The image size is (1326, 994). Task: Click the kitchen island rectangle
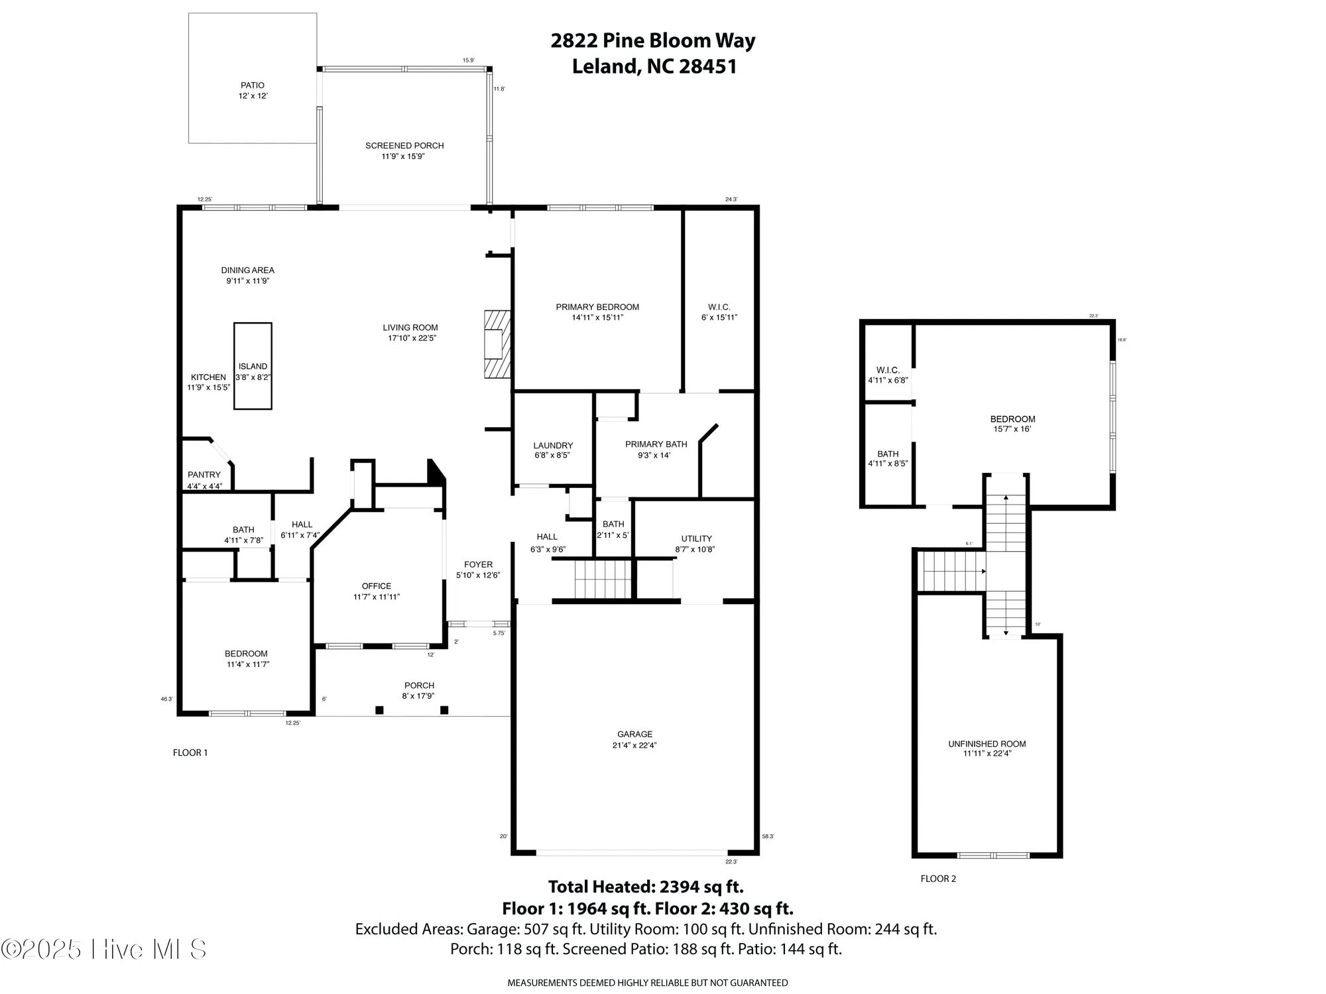(x=253, y=366)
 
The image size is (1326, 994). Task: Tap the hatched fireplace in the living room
(x=497, y=344)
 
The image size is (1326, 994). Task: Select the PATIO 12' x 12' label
(x=253, y=90)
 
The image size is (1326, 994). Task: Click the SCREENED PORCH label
(x=404, y=151)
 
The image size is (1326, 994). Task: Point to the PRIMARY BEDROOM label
(x=597, y=312)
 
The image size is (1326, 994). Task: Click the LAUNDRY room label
(x=552, y=450)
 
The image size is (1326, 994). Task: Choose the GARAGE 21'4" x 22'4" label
(x=634, y=739)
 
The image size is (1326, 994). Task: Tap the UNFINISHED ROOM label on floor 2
(x=987, y=748)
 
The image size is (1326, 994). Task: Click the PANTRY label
(x=204, y=479)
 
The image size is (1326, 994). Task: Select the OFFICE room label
(x=376, y=591)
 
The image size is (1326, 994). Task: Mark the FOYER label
(x=478, y=569)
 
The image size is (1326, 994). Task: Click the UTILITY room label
(x=695, y=543)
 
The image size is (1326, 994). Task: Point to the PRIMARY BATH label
(x=656, y=449)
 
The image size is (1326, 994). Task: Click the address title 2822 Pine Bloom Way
(x=653, y=41)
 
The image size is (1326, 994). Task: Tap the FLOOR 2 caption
(x=938, y=879)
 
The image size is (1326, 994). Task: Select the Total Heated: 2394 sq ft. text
(x=646, y=887)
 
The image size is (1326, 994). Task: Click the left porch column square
(x=379, y=710)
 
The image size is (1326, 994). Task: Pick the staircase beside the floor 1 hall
(x=603, y=579)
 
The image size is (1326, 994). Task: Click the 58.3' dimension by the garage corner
(x=768, y=836)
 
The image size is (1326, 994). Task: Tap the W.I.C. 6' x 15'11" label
(x=719, y=312)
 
